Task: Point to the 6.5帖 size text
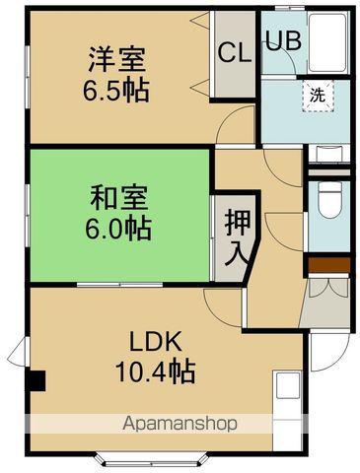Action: click(x=116, y=91)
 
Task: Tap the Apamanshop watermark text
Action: click(x=180, y=425)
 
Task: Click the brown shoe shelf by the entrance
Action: click(x=326, y=265)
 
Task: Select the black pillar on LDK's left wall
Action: click(x=37, y=379)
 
